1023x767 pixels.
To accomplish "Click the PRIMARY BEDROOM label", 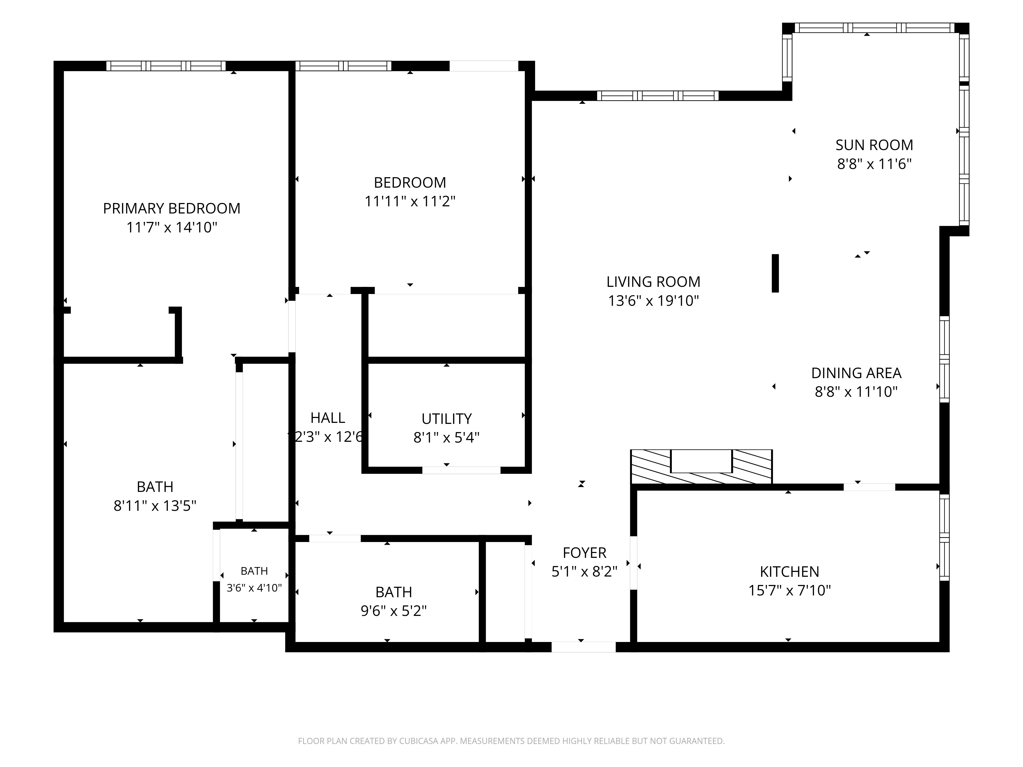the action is pos(172,209).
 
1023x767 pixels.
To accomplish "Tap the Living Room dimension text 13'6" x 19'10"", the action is pos(653,301).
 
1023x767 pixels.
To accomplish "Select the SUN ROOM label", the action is pos(874,145).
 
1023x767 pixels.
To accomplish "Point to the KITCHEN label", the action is pos(790,572).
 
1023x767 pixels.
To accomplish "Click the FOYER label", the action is pos(585,553).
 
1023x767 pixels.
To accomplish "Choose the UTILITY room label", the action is pos(446,419).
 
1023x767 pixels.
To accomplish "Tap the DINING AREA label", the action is pos(856,373).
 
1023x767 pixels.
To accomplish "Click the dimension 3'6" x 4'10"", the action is pos(254,588).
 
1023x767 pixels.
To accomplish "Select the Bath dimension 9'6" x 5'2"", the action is pos(394,611).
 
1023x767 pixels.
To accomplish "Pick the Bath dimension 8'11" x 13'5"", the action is pos(155,506).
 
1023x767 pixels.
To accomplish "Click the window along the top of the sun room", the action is pos(874,28).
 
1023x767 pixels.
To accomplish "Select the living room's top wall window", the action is pos(658,96).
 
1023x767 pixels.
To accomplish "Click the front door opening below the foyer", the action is pos(584,647).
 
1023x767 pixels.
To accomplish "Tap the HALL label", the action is pos(327,418).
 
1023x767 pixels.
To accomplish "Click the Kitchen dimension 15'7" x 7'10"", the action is pos(790,591).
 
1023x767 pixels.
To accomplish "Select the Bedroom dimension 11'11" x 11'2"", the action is pos(410,201).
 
